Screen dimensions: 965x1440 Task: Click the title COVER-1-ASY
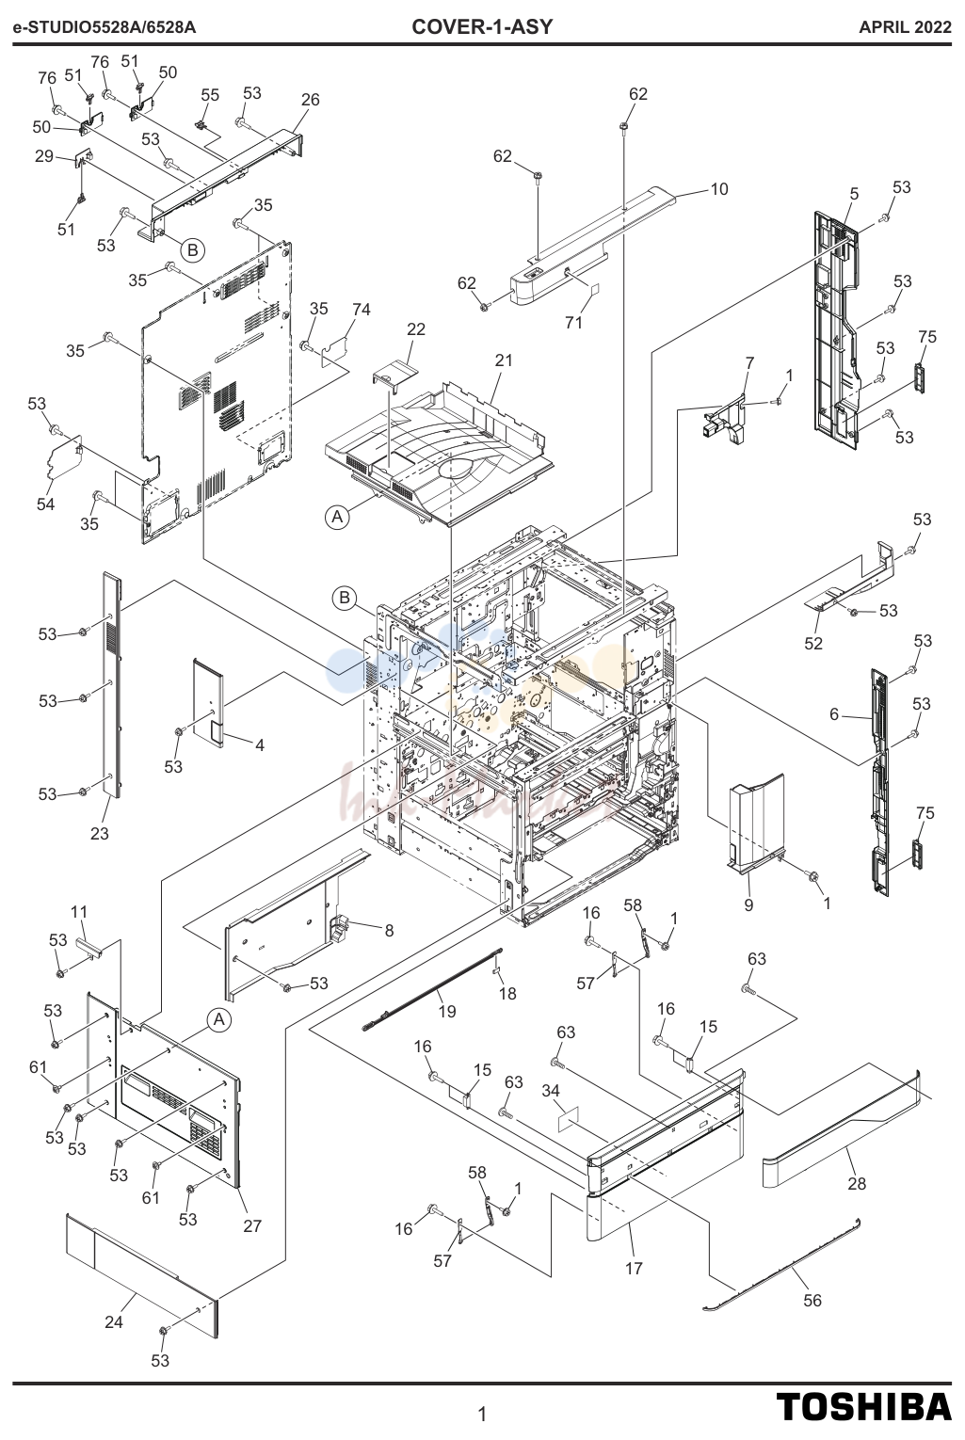click(482, 27)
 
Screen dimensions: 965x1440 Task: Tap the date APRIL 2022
click(905, 27)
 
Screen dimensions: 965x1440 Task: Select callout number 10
click(718, 189)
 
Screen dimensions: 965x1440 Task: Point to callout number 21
click(504, 360)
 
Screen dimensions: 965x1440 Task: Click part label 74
click(362, 310)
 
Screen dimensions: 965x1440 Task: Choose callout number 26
click(310, 100)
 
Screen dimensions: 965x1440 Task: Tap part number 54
click(45, 504)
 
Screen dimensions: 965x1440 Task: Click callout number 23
click(100, 834)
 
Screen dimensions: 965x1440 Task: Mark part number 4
click(260, 745)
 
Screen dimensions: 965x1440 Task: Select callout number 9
click(748, 905)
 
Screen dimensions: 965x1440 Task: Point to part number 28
click(857, 1183)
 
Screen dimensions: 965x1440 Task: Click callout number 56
click(812, 1301)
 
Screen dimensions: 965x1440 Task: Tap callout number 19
click(447, 1012)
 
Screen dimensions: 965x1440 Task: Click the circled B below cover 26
click(192, 249)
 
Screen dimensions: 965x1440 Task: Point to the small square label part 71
click(595, 290)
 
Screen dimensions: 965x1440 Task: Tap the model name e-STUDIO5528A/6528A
click(105, 27)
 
